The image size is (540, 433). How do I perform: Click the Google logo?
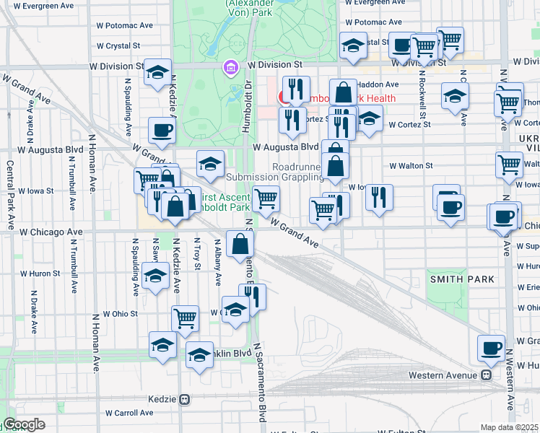tap(24, 424)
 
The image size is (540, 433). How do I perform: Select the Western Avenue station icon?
tap(487, 375)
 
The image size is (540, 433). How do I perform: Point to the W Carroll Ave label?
tap(129, 414)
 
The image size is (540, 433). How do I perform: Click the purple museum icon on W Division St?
tap(230, 67)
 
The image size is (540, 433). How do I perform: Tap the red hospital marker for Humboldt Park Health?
tap(284, 97)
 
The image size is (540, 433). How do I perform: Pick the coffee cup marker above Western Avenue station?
tap(492, 347)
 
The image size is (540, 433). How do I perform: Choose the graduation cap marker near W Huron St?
tap(155, 276)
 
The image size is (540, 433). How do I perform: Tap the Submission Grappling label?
tap(274, 177)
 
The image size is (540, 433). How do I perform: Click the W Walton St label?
tap(410, 165)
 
